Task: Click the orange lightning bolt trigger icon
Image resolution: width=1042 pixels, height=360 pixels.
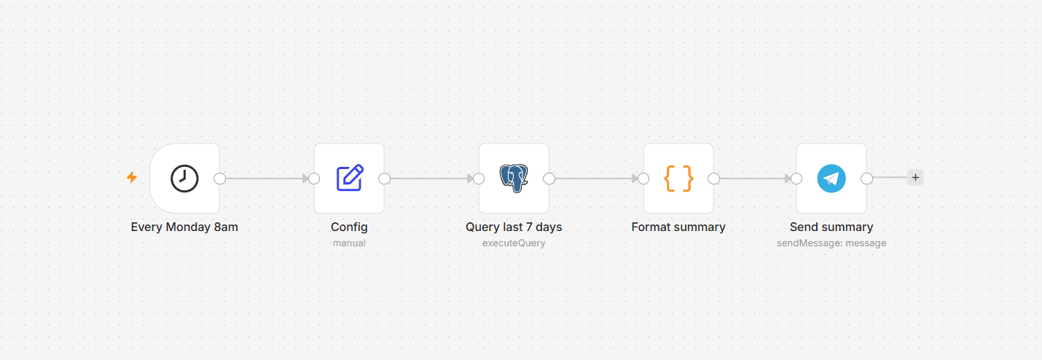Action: point(132,177)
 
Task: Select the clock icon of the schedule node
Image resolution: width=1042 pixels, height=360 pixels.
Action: point(184,179)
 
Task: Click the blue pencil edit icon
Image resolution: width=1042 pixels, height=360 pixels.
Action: point(350,178)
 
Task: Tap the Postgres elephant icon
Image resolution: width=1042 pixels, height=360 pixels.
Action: point(514,178)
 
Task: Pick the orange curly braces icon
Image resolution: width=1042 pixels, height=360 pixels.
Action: point(678,178)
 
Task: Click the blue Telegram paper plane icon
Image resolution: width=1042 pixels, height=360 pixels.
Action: point(831,179)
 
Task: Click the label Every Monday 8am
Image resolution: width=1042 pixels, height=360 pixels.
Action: point(184,227)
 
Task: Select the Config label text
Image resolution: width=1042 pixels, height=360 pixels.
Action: point(349,227)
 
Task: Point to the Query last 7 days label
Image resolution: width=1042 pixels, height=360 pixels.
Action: point(514,227)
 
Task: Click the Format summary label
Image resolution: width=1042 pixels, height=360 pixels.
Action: point(678,227)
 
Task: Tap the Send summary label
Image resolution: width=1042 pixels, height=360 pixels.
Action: point(831,227)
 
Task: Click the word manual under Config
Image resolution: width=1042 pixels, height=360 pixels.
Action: point(349,243)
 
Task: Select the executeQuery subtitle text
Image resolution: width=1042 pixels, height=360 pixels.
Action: point(514,243)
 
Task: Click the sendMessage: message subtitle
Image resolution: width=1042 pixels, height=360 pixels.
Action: point(831,243)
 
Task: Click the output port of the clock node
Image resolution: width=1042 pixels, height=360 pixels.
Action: point(219,179)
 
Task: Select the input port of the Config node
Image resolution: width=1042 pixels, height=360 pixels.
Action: point(314,179)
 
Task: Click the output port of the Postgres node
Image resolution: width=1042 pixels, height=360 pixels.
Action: point(549,179)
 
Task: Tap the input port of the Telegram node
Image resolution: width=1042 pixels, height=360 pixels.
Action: point(796,179)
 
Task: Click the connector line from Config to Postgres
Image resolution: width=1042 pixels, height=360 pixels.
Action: point(431,179)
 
